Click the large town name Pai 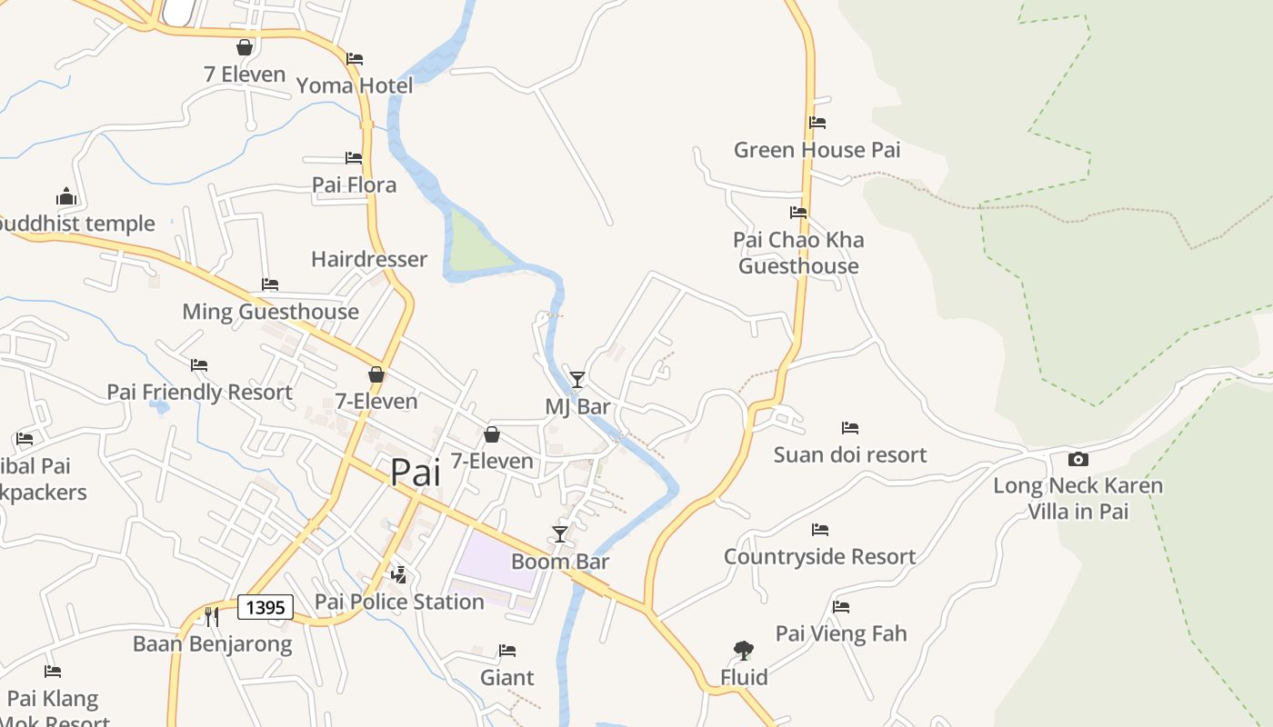click(416, 473)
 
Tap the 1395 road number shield click(266, 607)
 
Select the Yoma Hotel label click(355, 85)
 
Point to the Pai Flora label click(354, 185)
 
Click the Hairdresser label click(368, 260)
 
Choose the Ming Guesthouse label click(270, 312)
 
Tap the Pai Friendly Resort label click(199, 393)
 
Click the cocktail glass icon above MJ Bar click(577, 379)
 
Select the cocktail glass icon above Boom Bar click(560, 533)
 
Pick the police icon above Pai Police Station click(398, 574)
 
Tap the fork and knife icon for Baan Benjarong click(211, 617)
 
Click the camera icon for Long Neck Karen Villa click(1078, 459)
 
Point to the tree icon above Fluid click(744, 650)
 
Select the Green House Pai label click(817, 150)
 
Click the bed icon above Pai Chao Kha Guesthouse click(798, 213)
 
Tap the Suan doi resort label click(849, 455)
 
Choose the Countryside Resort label click(819, 557)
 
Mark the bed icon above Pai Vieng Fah click(841, 606)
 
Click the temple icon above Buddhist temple click(65, 196)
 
